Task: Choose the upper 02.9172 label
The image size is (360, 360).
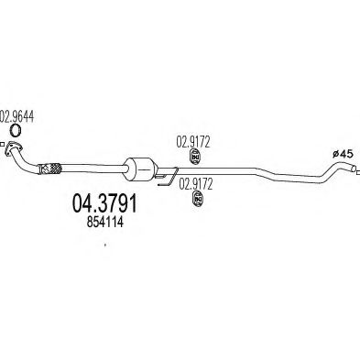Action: pyautogui.click(x=192, y=141)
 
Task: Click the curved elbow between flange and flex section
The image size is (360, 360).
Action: pyautogui.click(x=32, y=161)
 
